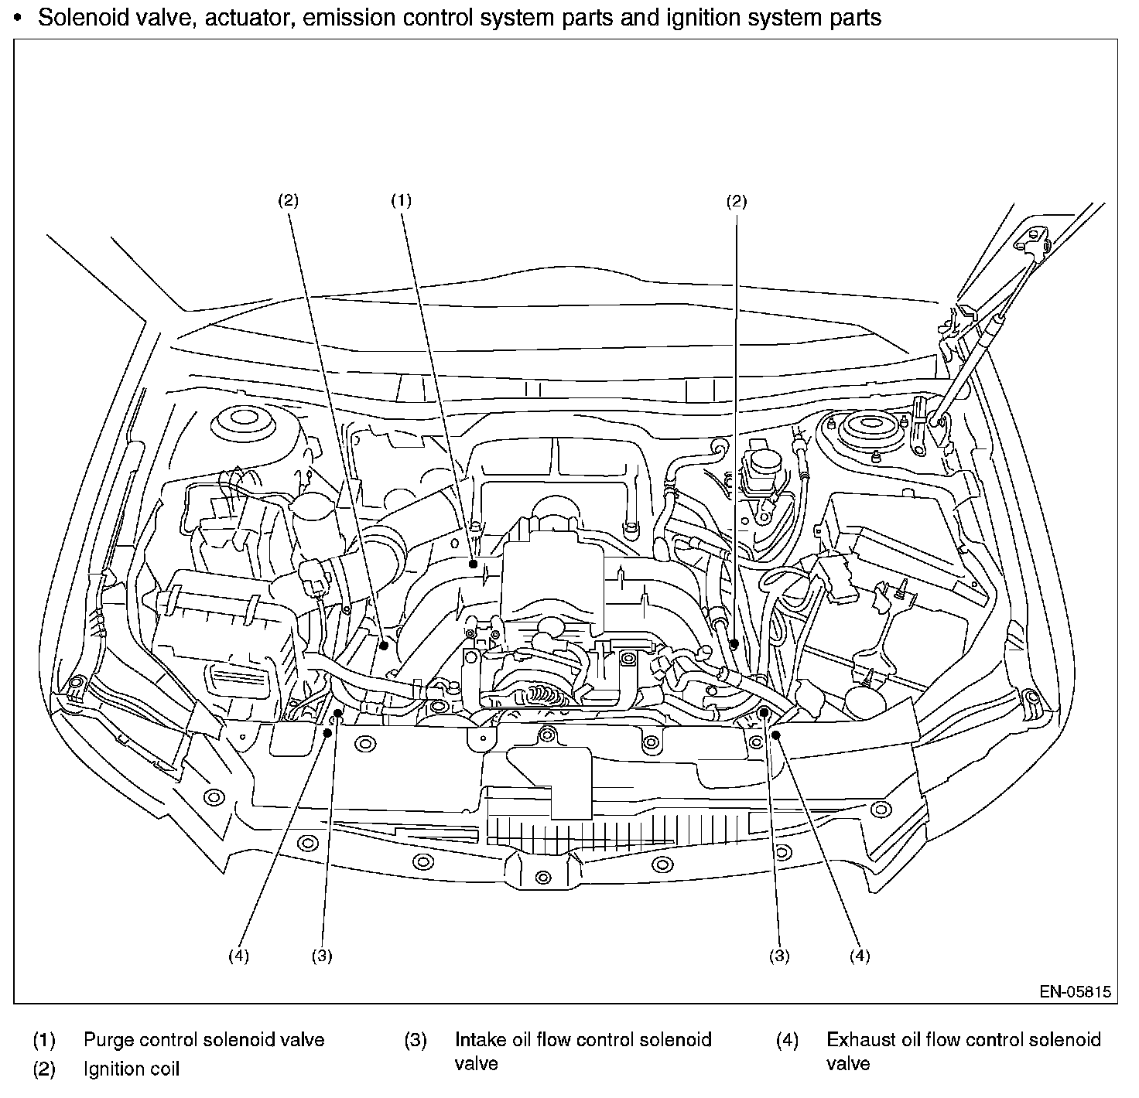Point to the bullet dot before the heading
coord(19,19)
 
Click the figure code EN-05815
coord(1076,991)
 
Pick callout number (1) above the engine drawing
coord(402,200)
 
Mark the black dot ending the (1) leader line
coord(473,564)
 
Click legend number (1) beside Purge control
coord(44,1040)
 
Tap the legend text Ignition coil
coord(132,1069)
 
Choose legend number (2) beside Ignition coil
coord(44,1069)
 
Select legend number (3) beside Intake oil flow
coord(416,1040)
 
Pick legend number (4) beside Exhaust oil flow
coord(787,1040)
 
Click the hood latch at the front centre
coord(543,875)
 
